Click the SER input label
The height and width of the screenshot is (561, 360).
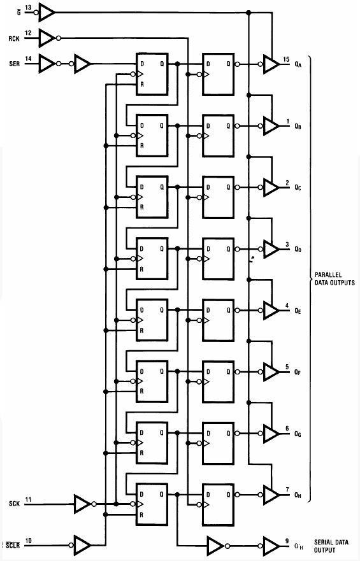(x=14, y=64)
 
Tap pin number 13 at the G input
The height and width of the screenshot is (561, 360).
(x=28, y=7)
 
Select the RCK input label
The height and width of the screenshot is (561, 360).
(x=14, y=38)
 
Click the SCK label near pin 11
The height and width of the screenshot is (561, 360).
(x=14, y=504)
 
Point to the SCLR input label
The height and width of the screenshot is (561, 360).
(x=13, y=546)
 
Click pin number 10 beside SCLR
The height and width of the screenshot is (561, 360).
(x=28, y=540)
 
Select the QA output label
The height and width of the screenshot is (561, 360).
(x=298, y=64)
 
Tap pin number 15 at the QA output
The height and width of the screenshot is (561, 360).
(x=286, y=59)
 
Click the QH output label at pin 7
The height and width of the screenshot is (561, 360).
(x=298, y=495)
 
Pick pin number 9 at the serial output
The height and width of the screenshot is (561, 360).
(x=287, y=541)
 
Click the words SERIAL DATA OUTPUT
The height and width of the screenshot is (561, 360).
(x=331, y=546)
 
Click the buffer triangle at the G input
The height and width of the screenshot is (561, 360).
(x=47, y=13)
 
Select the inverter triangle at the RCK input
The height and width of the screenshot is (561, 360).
(x=47, y=38)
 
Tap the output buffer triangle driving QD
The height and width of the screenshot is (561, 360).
(x=271, y=249)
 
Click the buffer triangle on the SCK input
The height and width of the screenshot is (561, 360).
(x=82, y=504)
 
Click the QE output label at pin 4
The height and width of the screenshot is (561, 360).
(x=298, y=311)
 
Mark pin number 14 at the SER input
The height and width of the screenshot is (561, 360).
(x=28, y=59)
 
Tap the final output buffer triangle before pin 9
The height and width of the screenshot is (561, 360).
(x=271, y=545)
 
